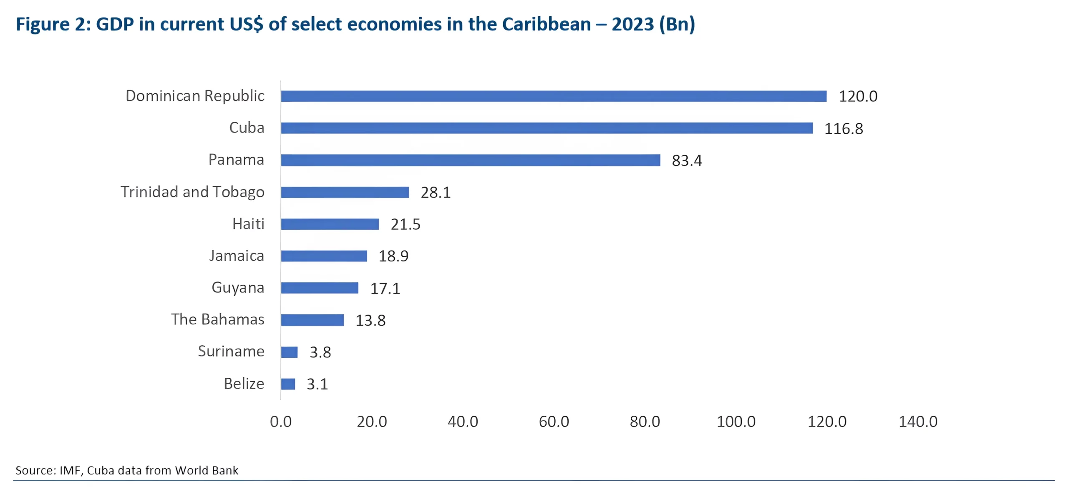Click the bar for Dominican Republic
pyautogui.click(x=553, y=96)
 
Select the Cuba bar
pyautogui.click(x=547, y=128)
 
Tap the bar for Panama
pyautogui.click(x=470, y=160)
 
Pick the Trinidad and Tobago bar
pyautogui.click(x=345, y=192)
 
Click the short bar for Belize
pyautogui.click(x=288, y=384)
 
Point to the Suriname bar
pyautogui.click(x=289, y=352)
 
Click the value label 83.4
pyautogui.click(x=687, y=161)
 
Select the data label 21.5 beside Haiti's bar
pyautogui.click(x=405, y=224)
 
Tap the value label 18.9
pyautogui.click(x=393, y=256)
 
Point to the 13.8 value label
pyautogui.click(x=370, y=321)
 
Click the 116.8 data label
pyautogui.click(x=843, y=129)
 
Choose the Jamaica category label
pyautogui.click(x=237, y=256)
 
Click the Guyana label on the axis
pyautogui.click(x=238, y=288)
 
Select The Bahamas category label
pyautogui.click(x=217, y=319)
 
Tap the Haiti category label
pyautogui.click(x=248, y=224)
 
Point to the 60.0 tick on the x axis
pyautogui.click(x=554, y=422)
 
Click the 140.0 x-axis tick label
pyautogui.click(x=918, y=422)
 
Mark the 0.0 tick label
pyautogui.click(x=281, y=422)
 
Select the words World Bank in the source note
pyautogui.click(x=207, y=470)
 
